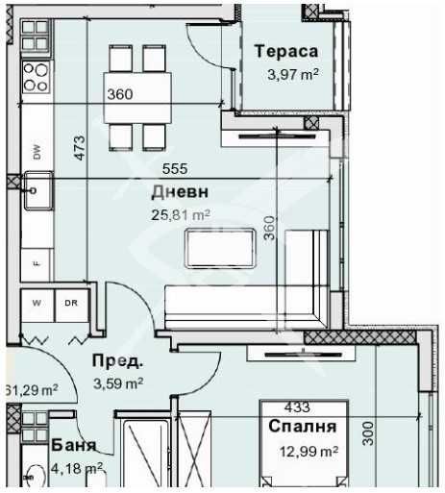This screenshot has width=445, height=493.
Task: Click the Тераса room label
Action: pyautogui.click(x=285, y=52)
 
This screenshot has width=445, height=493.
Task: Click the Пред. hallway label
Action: pyautogui.click(x=117, y=362)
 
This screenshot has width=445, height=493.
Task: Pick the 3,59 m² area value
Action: pyautogui.click(x=118, y=382)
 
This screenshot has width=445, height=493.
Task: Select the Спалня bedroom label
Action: pyautogui.click(x=303, y=426)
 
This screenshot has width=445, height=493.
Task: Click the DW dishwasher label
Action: pyautogui.click(x=37, y=151)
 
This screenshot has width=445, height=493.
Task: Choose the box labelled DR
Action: pyautogui.click(x=71, y=303)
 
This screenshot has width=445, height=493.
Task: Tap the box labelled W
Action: pyautogui.click(x=37, y=303)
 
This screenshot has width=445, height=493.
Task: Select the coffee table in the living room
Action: pyautogui.click(x=217, y=250)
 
